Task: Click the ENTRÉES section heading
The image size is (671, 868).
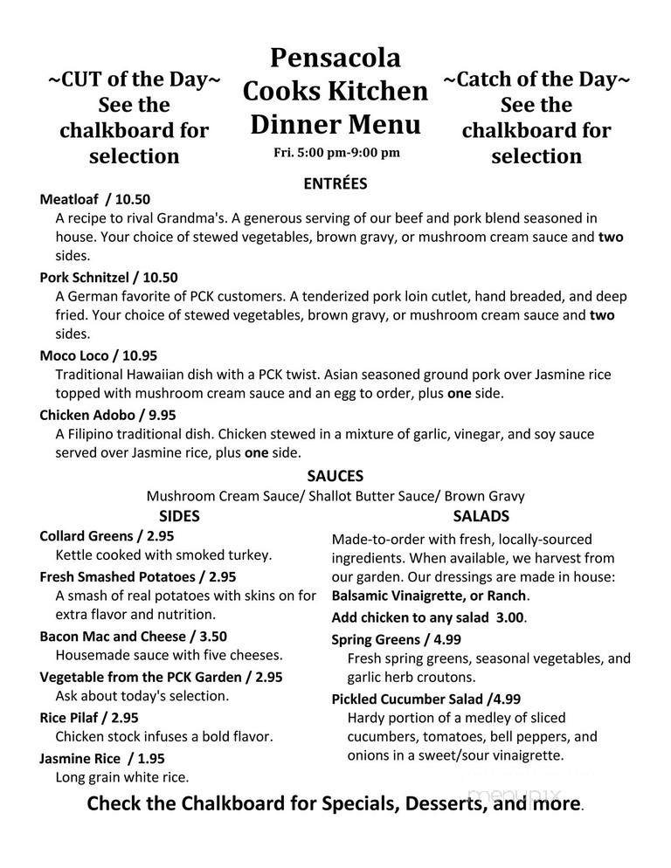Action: point(335,183)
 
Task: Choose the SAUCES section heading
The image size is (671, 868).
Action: point(335,476)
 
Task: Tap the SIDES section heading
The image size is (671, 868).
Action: point(179,515)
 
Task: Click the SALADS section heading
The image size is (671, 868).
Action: point(481,515)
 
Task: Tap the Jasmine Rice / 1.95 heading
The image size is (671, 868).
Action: point(101,758)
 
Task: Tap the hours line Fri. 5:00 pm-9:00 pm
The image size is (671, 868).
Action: point(335,152)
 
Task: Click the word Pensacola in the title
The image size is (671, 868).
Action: point(335,59)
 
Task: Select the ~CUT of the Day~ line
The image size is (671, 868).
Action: point(134,79)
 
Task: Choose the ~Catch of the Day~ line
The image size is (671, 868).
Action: point(536,79)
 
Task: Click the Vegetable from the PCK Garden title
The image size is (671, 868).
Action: point(161,677)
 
